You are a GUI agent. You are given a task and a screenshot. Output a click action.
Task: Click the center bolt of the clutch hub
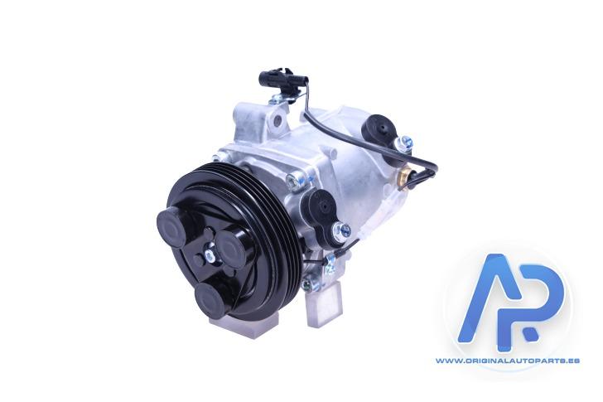(x=210, y=254)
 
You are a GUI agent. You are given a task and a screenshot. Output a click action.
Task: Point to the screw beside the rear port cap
(x=404, y=143)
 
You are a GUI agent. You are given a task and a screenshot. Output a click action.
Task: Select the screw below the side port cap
(x=342, y=231)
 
